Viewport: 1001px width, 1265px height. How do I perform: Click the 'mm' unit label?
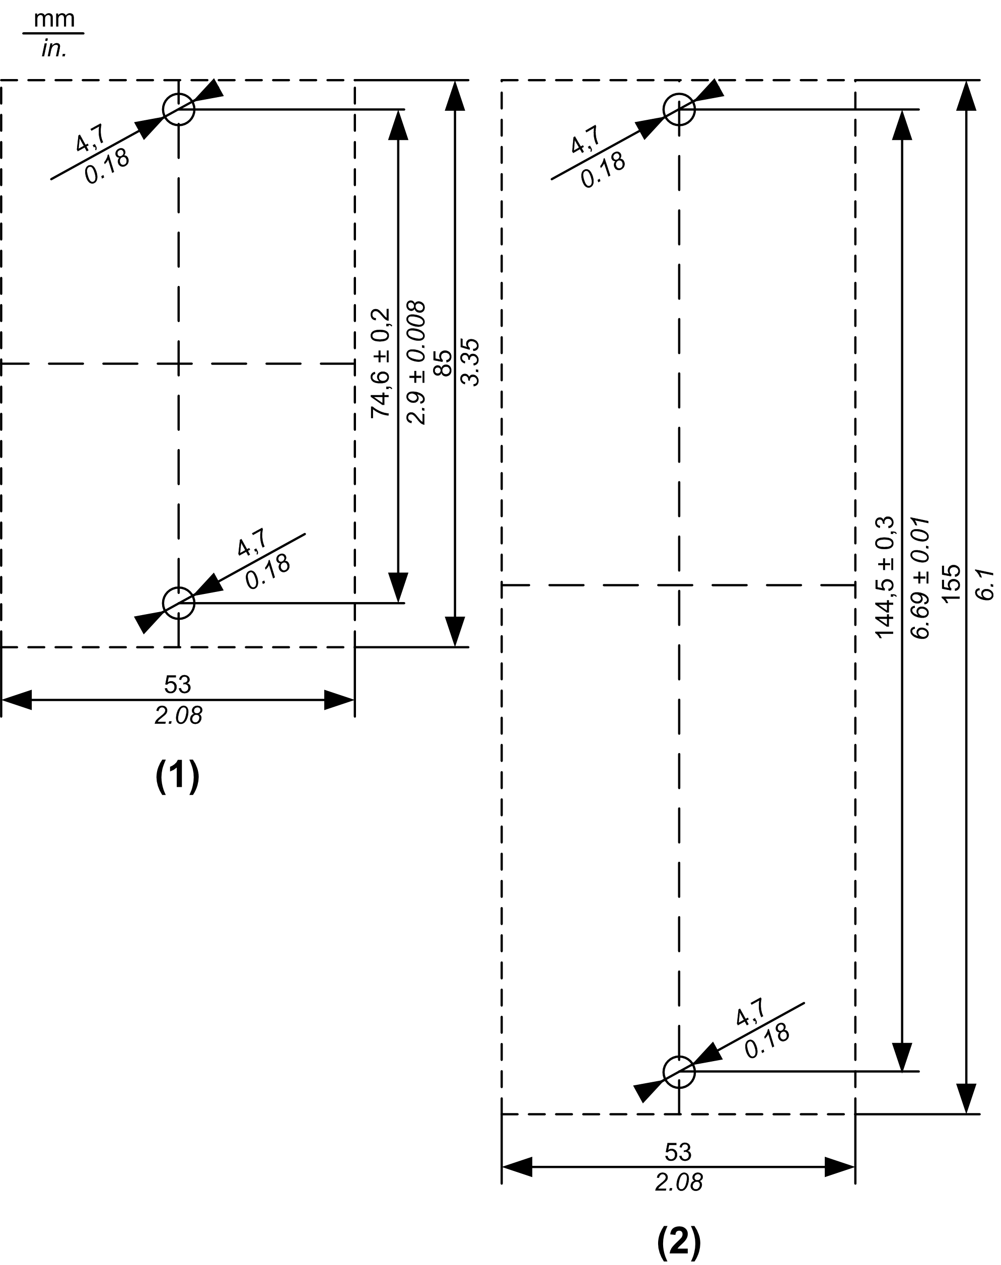(x=54, y=19)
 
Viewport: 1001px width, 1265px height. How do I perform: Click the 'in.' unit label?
(x=54, y=49)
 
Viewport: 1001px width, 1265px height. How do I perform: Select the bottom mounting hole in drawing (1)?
(x=178, y=603)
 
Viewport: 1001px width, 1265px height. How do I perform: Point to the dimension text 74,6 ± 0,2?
(x=381, y=363)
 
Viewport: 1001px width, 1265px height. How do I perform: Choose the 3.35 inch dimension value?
(x=471, y=362)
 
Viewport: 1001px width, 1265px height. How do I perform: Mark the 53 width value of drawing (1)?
(x=178, y=684)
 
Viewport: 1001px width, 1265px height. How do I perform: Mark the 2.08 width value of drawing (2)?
(x=679, y=1183)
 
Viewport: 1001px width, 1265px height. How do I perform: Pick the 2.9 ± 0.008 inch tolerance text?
(x=416, y=363)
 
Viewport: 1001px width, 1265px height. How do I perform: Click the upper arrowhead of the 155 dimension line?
(x=966, y=95)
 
